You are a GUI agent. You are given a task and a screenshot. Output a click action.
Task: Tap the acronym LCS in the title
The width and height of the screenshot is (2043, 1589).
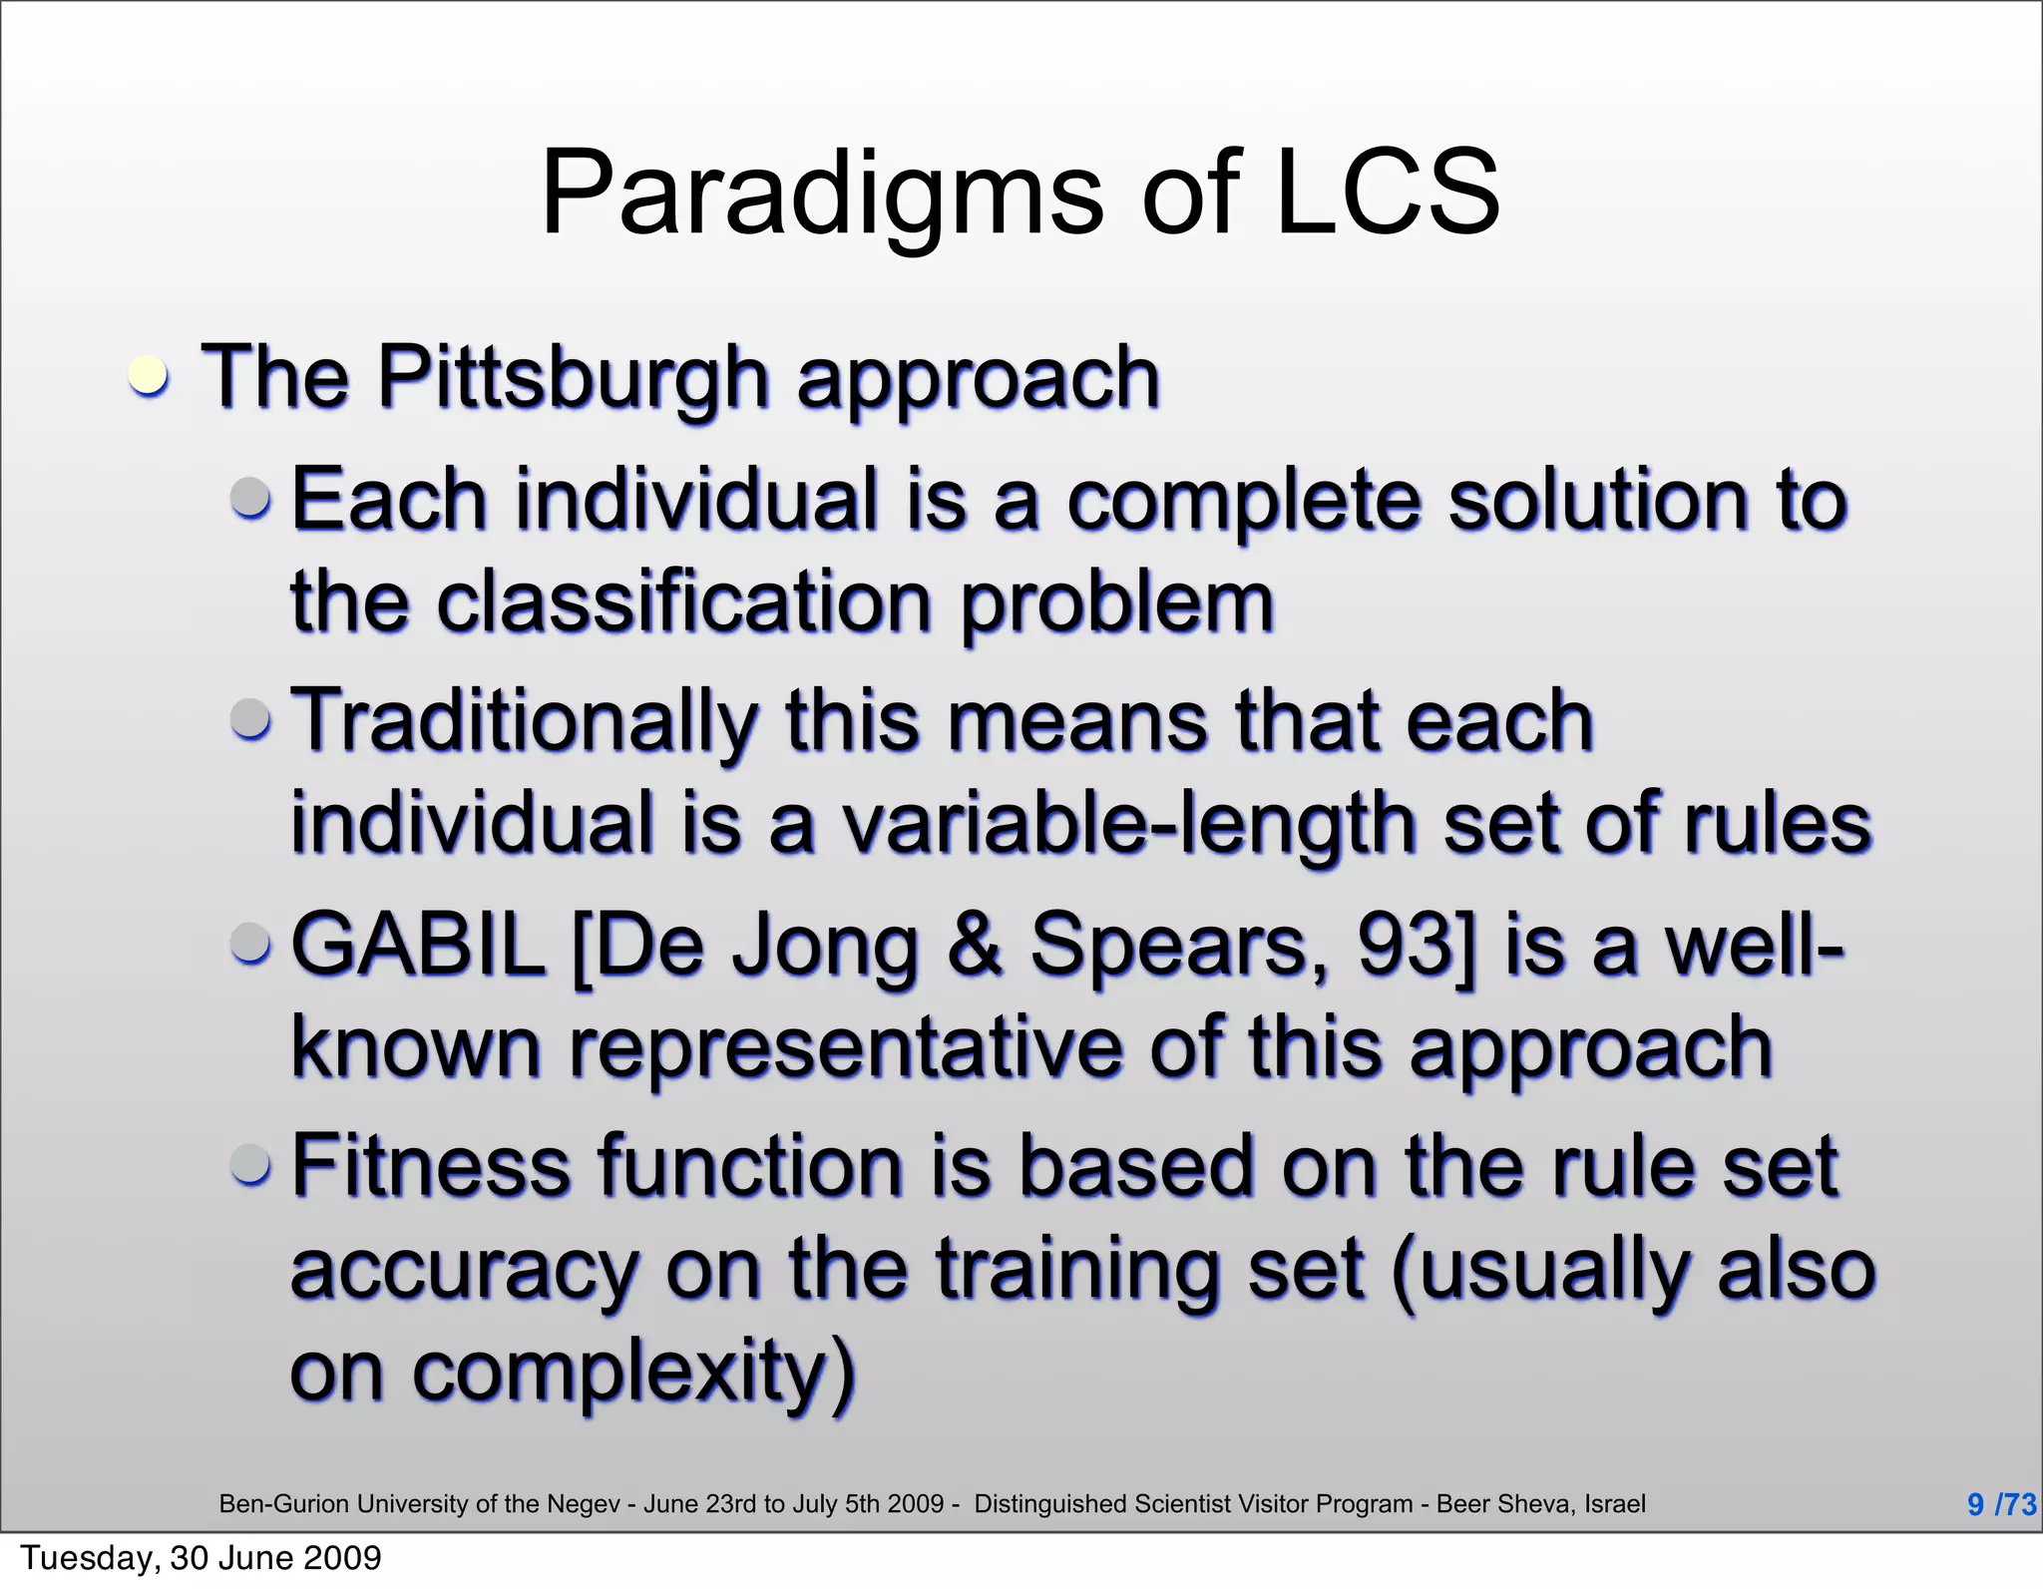[1387, 193]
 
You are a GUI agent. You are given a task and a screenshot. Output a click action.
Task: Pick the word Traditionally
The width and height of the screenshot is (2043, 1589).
[525, 722]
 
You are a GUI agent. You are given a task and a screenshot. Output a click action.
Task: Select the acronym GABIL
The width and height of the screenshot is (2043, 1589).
[418, 946]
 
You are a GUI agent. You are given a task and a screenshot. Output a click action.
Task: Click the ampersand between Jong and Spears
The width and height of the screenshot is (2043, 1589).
[976, 946]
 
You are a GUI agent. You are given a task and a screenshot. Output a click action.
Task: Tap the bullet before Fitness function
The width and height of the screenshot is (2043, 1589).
[249, 1164]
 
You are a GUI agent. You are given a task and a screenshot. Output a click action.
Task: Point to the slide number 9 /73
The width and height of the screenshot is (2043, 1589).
[2000, 1504]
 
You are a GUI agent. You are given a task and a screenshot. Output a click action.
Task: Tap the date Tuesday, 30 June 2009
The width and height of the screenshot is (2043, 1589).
[201, 1558]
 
